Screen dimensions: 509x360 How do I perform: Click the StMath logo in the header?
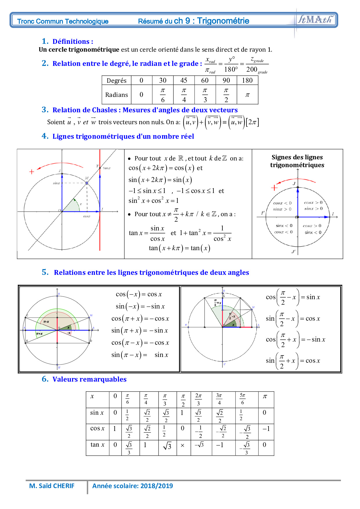[315, 20]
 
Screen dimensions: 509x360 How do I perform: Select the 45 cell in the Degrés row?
[184, 80]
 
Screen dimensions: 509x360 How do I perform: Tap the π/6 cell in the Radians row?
[163, 95]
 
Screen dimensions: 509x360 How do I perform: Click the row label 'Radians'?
[116, 95]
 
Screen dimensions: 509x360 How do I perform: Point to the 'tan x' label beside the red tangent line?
[107, 168]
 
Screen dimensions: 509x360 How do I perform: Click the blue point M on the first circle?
[87, 183]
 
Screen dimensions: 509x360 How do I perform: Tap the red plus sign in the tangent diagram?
[32, 172]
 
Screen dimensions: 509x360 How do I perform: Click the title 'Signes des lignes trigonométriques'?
[297, 161]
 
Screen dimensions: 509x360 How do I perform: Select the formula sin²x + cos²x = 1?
[154, 201]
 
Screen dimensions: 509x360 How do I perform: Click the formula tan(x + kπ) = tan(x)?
[179, 248]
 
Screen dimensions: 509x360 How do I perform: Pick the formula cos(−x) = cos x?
[139, 294]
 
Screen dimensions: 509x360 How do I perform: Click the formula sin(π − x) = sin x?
[140, 355]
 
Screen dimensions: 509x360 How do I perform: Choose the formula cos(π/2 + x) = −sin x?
[295, 340]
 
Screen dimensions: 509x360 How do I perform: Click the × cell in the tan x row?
[182, 445]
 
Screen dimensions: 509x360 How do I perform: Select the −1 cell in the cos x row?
[266, 429]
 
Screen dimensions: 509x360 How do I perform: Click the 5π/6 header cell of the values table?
[243, 399]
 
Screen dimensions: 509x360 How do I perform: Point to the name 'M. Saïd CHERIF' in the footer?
[52, 486]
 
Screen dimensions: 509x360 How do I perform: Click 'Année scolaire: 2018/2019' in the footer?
[132, 486]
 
